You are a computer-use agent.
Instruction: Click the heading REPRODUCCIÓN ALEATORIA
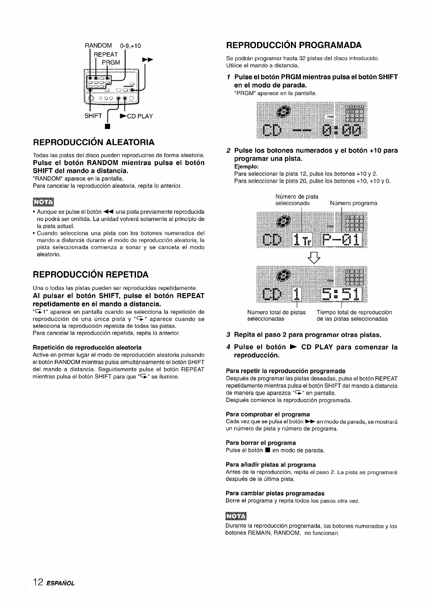coord(94,142)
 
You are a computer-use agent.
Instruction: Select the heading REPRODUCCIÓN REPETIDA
coord(90,275)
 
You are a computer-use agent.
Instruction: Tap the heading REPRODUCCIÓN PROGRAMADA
coord(294,45)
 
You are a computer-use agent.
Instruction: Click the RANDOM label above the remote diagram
coord(98,46)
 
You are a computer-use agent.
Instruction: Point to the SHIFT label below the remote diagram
coord(94,116)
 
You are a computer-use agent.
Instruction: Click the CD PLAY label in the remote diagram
coord(137,116)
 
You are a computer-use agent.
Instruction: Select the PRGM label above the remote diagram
coord(111,62)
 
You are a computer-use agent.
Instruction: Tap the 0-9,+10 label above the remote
coord(131,46)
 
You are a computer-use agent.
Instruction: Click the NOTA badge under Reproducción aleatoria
coord(43,201)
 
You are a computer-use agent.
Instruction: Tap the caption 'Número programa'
coord(353,203)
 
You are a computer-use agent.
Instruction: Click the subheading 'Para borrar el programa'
coord(261,443)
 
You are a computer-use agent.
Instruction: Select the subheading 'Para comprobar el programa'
coord(267,414)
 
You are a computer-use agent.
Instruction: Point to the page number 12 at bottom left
coord(38,582)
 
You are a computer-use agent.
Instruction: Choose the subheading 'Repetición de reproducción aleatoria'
coord(87,347)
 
